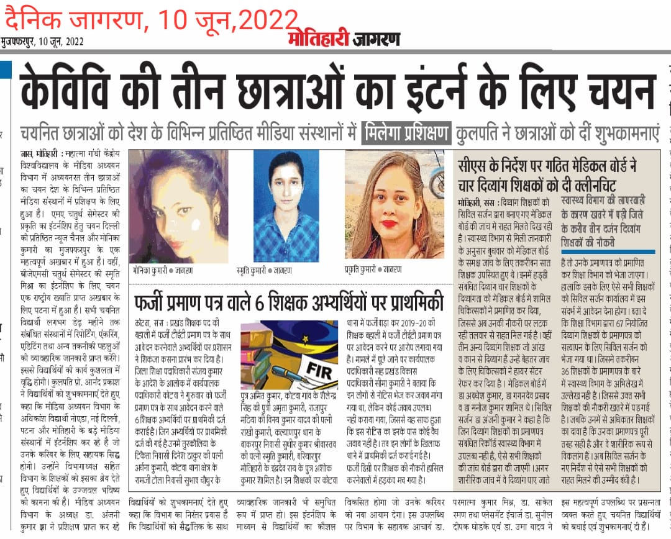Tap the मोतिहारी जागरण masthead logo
pos(344,38)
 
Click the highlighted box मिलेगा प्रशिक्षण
pos(406,133)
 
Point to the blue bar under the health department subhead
pos(608,251)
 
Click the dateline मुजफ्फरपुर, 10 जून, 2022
pos(42,42)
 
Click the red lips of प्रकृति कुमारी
pos(389,224)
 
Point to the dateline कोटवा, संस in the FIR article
pos(149,324)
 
